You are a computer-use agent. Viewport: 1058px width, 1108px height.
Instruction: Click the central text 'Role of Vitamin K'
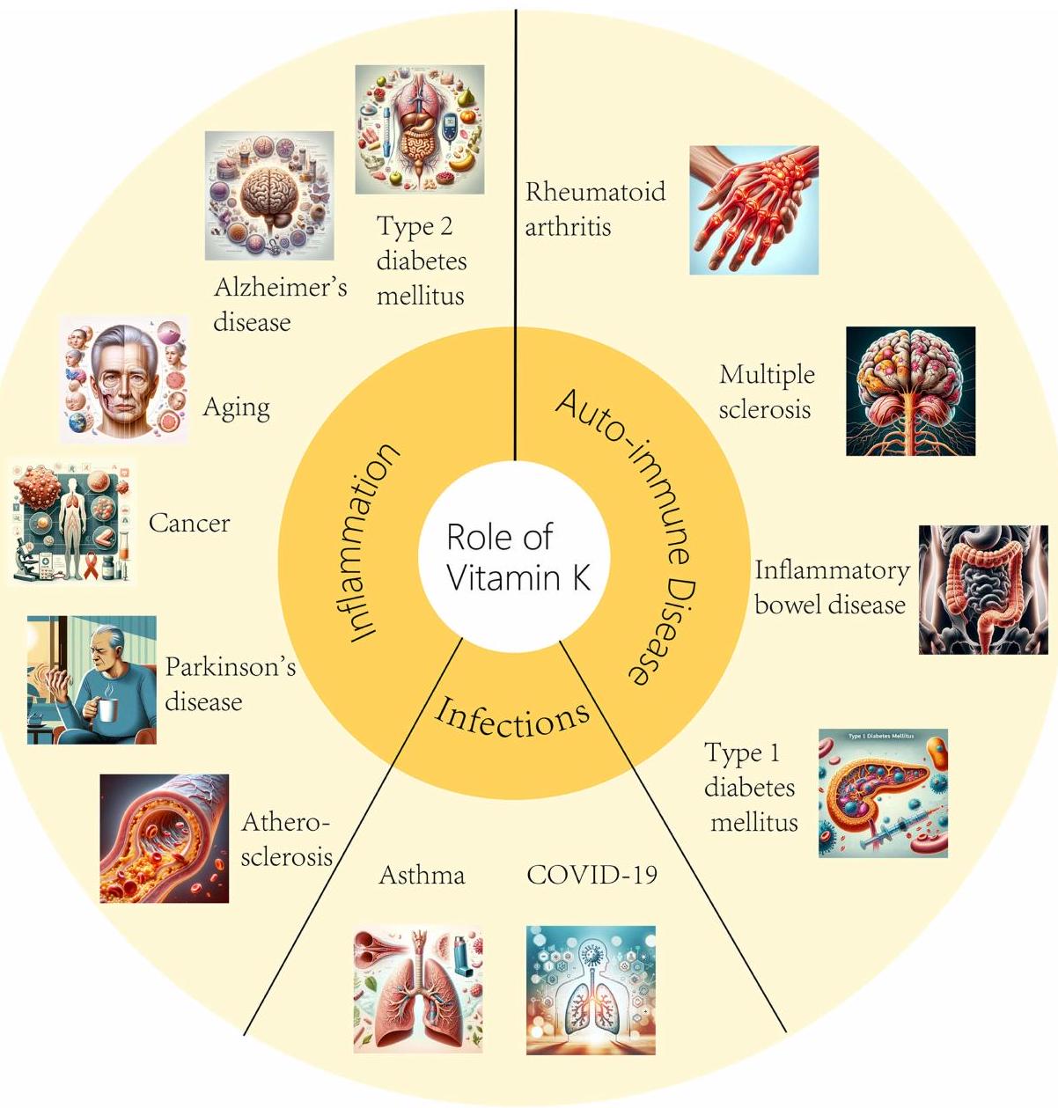pos(518,557)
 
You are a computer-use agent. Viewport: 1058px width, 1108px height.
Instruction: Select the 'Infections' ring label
pos(512,716)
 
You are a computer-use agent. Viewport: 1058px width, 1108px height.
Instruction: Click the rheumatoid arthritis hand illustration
pos(753,210)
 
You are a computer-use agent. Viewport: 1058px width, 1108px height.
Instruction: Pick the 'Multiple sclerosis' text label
pos(766,392)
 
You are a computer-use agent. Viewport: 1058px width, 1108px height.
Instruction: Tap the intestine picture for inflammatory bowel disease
pos(983,590)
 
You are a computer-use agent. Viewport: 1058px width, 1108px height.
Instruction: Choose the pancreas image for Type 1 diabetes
pos(883,793)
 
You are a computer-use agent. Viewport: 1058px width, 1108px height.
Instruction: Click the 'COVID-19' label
pos(591,875)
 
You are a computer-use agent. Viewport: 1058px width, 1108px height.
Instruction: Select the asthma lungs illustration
pos(417,989)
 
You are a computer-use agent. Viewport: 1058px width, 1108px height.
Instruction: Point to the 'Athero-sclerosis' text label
pos(286,839)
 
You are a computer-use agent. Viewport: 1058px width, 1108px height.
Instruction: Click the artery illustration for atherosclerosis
pos(164,839)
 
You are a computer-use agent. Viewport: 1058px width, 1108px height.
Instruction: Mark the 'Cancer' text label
pos(188,523)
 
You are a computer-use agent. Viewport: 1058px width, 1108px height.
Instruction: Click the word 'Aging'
pos(236,407)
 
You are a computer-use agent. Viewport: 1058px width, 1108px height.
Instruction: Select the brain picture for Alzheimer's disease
pos(269,194)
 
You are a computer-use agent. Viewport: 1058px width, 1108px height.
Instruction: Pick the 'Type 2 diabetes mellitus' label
pos(421,260)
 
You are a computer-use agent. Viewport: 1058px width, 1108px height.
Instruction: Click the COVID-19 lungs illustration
pos(591,990)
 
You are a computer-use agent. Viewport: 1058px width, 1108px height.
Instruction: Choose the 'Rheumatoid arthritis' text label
pos(595,209)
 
